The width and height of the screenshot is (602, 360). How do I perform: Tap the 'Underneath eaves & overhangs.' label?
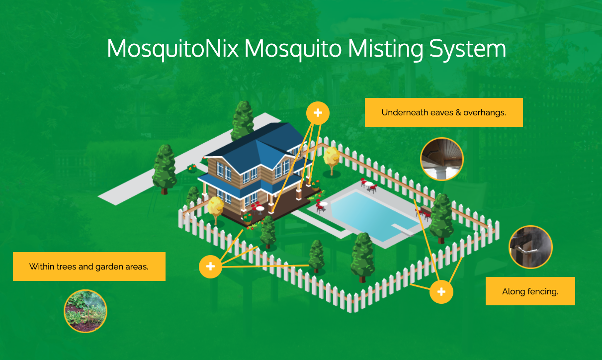pos(443,112)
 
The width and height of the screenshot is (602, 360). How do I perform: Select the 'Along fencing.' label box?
pos(530,291)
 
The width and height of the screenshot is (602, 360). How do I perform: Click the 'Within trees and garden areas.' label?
pos(89,267)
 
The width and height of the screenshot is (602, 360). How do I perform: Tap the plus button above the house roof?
pos(318,113)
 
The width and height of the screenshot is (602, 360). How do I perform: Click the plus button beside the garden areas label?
pos(210,267)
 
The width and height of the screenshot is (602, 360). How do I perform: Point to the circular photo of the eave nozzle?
pos(441,159)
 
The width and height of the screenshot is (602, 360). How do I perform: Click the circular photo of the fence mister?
pos(530,247)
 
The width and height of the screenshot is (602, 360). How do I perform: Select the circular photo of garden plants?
pos(86,311)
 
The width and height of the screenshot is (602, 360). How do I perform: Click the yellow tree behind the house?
pos(331,157)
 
